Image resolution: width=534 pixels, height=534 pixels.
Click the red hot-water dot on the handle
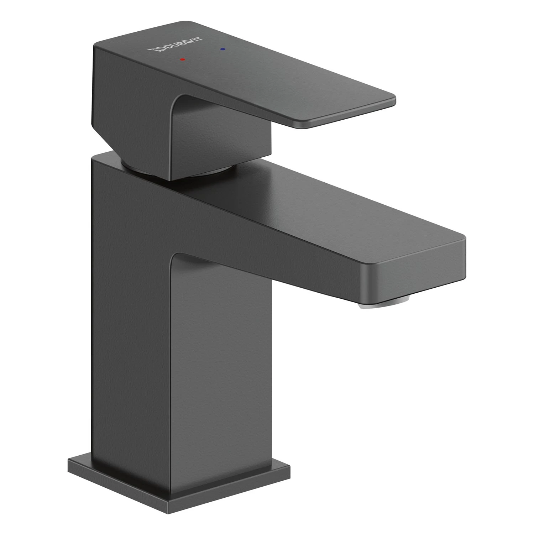(x=182, y=59)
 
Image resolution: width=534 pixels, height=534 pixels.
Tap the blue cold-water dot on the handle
(x=223, y=49)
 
